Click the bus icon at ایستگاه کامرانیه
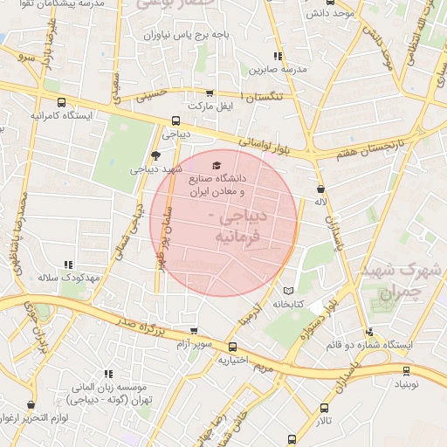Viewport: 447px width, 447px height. (39, 100)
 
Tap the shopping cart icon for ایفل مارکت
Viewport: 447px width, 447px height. (209, 93)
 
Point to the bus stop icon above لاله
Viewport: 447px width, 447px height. (320, 186)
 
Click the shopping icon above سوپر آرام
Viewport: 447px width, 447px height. (193, 331)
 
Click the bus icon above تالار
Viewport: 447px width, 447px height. (325, 408)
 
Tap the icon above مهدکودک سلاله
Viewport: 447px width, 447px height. (67, 264)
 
